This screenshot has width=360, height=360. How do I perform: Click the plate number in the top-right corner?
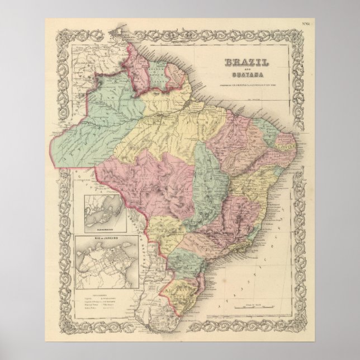(x=306, y=23)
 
